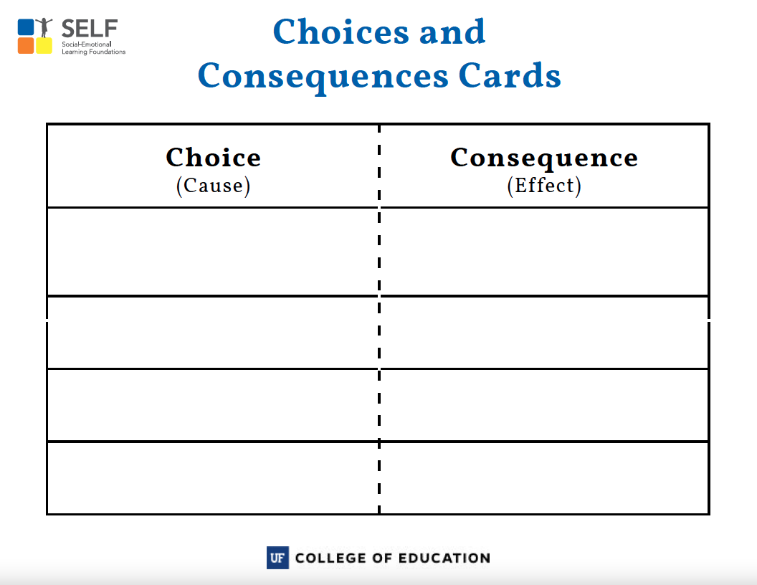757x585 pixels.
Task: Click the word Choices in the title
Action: point(341,32)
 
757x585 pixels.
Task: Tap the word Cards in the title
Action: point(510,76)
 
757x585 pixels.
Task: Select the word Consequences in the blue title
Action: point(323,77)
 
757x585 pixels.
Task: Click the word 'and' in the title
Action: point(452,32)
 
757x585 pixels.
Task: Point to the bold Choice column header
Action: point(214,157)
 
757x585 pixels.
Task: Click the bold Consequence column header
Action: point(544,158)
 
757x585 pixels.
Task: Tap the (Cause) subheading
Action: point(214,186)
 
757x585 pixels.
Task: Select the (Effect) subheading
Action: point(544,186)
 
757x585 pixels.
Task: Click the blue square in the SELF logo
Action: point(26,27)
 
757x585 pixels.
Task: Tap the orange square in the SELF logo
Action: point(26,46)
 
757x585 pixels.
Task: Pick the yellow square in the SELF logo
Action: point(44,46)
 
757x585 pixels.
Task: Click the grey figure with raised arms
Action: point(44,27)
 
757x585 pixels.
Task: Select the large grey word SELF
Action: point(90,29)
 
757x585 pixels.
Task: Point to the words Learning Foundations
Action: point(94,52)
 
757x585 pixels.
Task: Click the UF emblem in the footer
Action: point(277,558)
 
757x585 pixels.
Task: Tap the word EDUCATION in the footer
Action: point(444,558)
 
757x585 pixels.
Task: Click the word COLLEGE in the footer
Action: point(330,558)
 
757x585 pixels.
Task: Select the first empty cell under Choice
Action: point(213,252)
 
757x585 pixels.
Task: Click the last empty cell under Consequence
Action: point(544,478)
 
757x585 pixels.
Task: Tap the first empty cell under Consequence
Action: point(544,252)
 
